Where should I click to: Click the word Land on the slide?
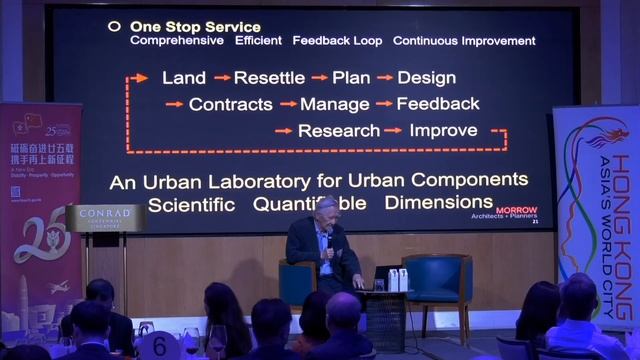[184, 78]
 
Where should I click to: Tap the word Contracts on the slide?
[230, 104]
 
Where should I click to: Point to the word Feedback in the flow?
[437, 104]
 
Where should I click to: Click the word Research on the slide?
[339, 130]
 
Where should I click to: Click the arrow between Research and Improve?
[392, 130]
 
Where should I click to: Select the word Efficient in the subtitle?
[258, 41]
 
